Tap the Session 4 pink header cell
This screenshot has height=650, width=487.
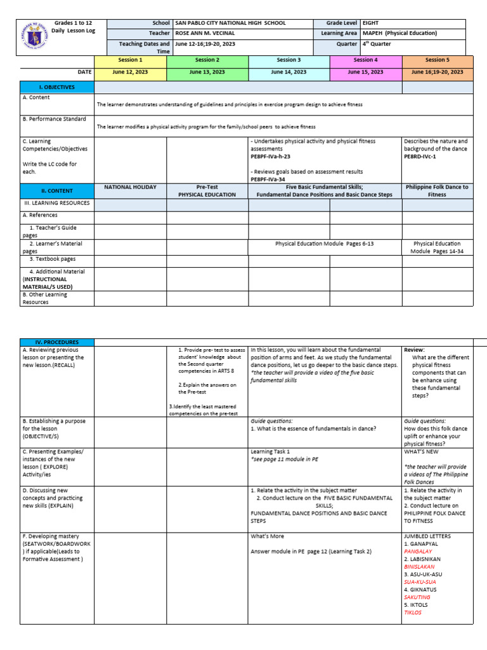click(364, 60)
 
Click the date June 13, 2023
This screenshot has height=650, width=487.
click(207, 72)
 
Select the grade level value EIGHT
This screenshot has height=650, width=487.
click(370, 23)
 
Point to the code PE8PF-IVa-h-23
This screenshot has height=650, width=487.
click(273, 156)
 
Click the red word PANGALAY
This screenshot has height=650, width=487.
click(418, 552)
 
